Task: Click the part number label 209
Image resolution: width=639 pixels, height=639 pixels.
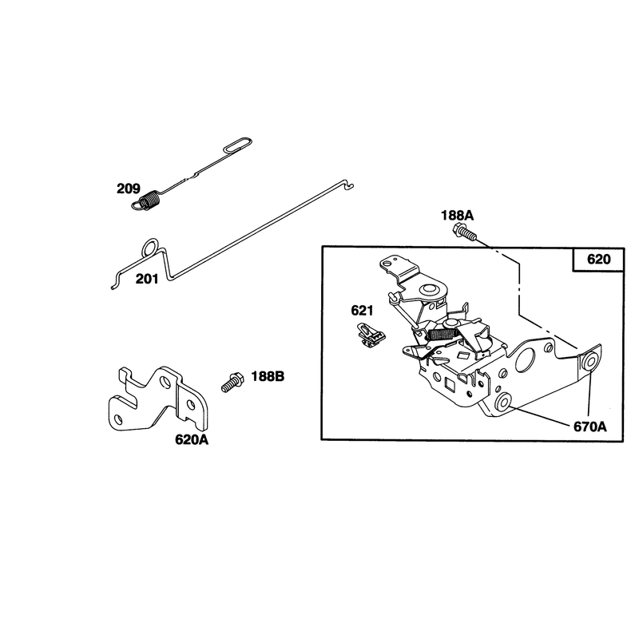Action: click(x=129, y=189)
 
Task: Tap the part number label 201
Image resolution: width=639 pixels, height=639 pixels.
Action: click(x=147, y=279)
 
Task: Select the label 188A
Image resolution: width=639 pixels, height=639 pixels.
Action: click(x=457, y=215)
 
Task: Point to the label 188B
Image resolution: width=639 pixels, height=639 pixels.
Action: click(x=268, y=376)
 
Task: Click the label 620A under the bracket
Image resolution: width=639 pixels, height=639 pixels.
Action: click(x=192, y=440)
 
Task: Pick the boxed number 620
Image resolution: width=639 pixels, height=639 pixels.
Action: click(x=598, y=259)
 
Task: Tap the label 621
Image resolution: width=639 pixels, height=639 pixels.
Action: click(x=362, y=311)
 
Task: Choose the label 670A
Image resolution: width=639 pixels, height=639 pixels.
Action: click(x=590, y=427)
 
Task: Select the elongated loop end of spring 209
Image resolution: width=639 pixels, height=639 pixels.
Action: click(x=238, y=145)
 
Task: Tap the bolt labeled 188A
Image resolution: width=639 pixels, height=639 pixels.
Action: click(x=464, y=232)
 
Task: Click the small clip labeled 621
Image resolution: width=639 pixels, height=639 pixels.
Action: click(x=370, y=335)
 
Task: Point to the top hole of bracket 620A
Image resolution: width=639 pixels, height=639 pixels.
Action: click(x=165, y=382)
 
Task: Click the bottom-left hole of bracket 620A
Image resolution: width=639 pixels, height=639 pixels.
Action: click(x=117, y=419)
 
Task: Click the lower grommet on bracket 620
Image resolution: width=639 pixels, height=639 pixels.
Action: click(x=503, y=403)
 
